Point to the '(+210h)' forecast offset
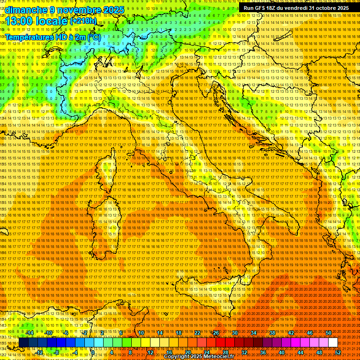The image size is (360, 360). (x=84, y=21)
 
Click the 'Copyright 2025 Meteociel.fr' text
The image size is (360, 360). (x=199, y=357)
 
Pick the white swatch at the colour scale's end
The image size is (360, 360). (x=333, y=343)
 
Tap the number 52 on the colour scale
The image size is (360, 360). (x=338, y=352)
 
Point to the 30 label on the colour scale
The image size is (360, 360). (x=235, y=332)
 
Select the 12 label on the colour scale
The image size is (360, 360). (x=150, y=352)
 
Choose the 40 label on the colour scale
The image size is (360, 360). (x=282, y=352)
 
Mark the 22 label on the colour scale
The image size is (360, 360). (x=197, y=332)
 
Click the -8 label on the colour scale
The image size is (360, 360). (x=56, y=352)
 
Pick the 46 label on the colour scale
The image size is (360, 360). (x=310, y=332)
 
